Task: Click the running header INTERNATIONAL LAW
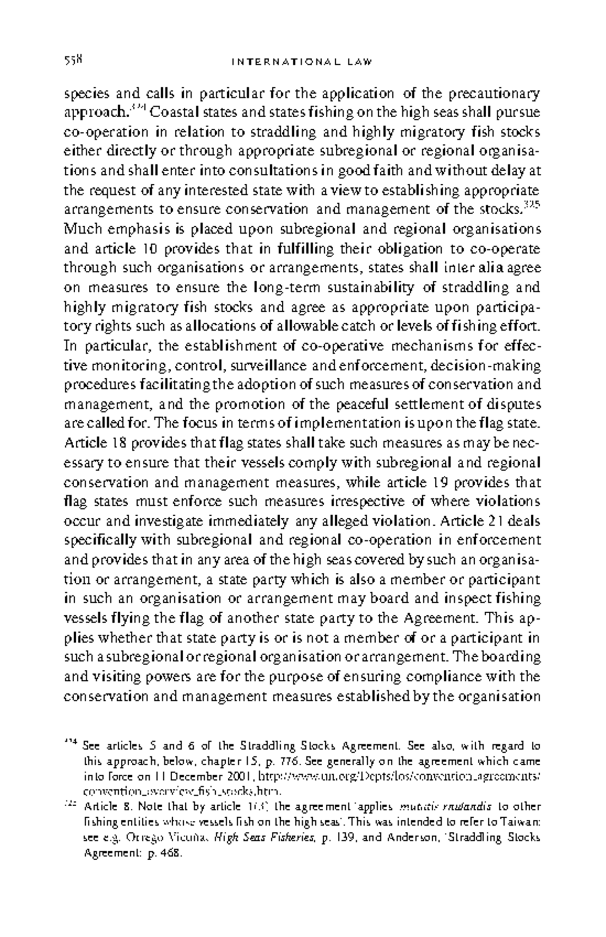pyautogui.click(x=301, y=62)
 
